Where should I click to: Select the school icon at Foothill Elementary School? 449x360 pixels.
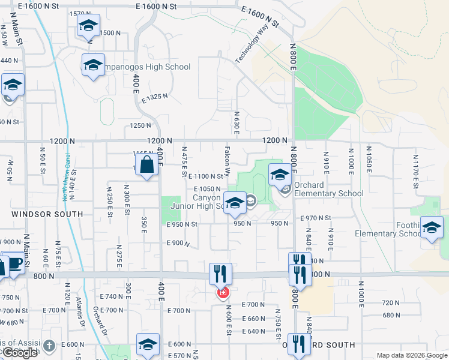click(x=432, y=227)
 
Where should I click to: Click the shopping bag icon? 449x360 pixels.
click(x=146, y=164)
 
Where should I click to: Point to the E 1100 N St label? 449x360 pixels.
click(x=206, y=176)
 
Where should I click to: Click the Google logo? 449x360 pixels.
click(x=20, y=353)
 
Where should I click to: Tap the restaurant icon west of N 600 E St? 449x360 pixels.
click(x=220, y=274)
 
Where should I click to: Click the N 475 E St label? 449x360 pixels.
click(x=184, y=161)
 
